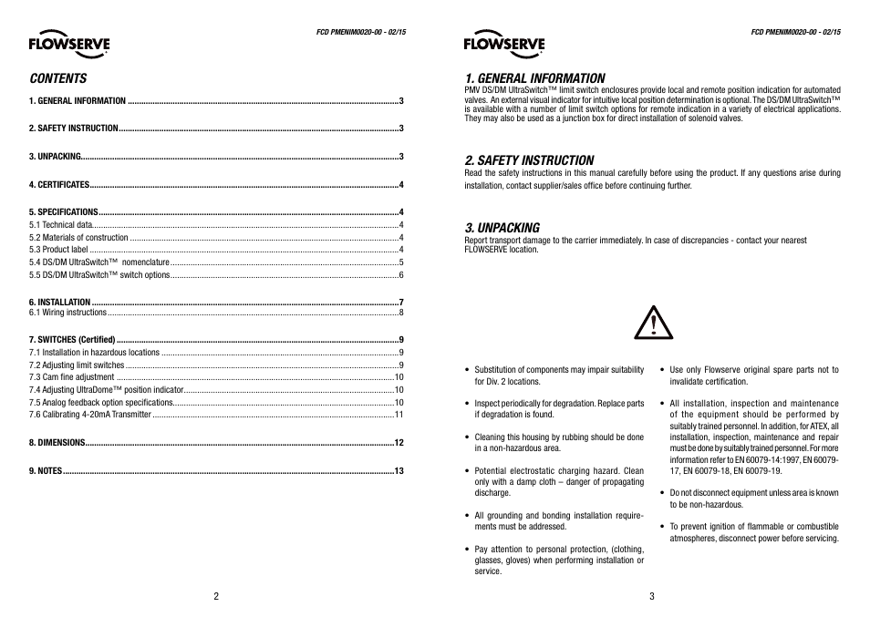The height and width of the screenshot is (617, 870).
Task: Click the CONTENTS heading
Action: pyautogui.click(x=57, y=78)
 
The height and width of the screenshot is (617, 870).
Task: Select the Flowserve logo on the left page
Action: pyautogui.click(x=68, y=43)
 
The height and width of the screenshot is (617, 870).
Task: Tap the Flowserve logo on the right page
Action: pyautogui.click(x=503, y=43)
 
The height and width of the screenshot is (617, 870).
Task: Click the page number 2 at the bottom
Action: pyautogui.click(x=216, y=597)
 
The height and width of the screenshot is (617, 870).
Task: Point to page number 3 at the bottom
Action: pyautogui.click(x=652, y=597)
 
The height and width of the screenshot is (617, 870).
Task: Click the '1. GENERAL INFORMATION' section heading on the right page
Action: pyautogui.click(x=533, y=78)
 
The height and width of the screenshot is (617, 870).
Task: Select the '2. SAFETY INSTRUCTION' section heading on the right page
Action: pyautogui.click(x=529, y=159)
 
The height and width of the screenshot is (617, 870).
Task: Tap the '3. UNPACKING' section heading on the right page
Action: pyautogui.click(x=502, y=227)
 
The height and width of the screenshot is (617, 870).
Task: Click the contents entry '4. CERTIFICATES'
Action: pyautogui.click(x=59, y=185)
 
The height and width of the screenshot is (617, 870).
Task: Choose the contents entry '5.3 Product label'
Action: pyautogui.click(x=58, y=250)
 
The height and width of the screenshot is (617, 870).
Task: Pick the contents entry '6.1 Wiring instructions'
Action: pyautogui.click(x=67, y=313)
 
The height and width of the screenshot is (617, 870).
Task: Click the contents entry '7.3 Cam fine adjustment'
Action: pyautogui.click(x=71, y=377)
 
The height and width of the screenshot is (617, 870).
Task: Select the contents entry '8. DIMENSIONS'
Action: pyautogui.click(x=57, y=443)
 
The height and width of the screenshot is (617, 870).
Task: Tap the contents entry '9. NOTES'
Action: pyautogui.click(x=46, y=471)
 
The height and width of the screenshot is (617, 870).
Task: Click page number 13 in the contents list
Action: pyautogui.click(x=399, y=471)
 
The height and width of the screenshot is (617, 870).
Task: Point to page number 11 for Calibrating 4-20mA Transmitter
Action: pyautogui.click(x=399, y=415)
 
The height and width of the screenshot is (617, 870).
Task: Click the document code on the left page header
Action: pyautogui.click(x=360, y=33)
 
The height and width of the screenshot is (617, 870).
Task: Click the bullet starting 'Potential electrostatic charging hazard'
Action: pyautogui.click(x=558, y=481)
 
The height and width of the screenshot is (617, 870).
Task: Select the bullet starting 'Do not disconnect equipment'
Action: pyautogui.click(x=753, y=498)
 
